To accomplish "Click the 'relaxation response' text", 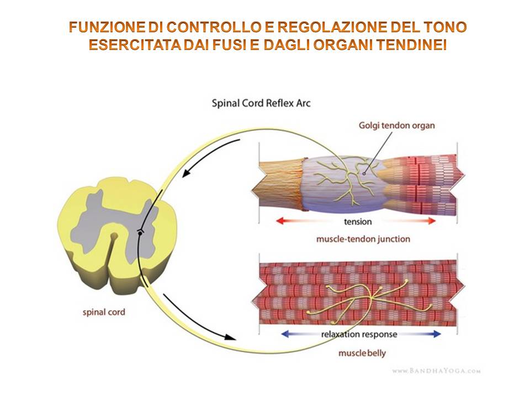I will [361, 334].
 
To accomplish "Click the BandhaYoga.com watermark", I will [437, 371].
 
